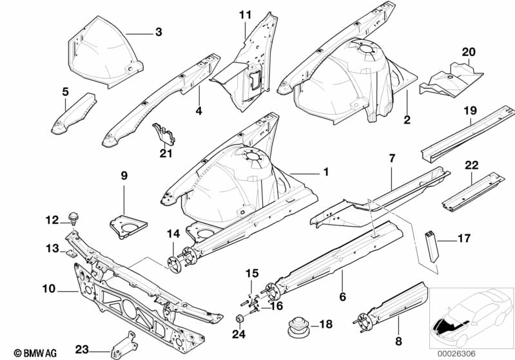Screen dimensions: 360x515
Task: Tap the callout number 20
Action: [469, 52]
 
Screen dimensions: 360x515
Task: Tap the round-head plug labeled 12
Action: [73, 219]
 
